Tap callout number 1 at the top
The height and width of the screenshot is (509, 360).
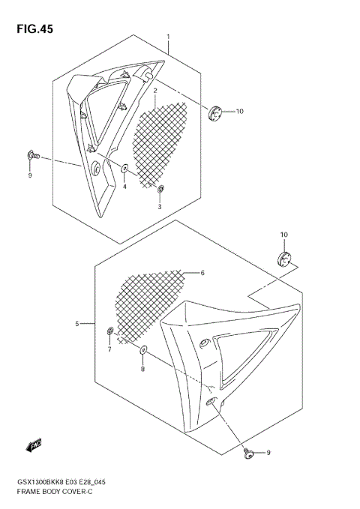coord(168,37)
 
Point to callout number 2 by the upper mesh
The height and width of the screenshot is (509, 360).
coord(154,91)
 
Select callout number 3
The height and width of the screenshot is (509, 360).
coord(159,206)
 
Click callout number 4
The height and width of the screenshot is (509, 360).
coord(125,187)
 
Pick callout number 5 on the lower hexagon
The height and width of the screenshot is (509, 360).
coord(77,324)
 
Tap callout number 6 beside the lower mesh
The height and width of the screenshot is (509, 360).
coord(202,273)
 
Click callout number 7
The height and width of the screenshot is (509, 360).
coord(109,349)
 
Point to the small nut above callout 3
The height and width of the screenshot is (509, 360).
coord(160,190)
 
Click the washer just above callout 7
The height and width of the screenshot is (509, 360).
coord(110,331)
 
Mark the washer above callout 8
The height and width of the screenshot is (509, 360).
coord(144,350)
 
